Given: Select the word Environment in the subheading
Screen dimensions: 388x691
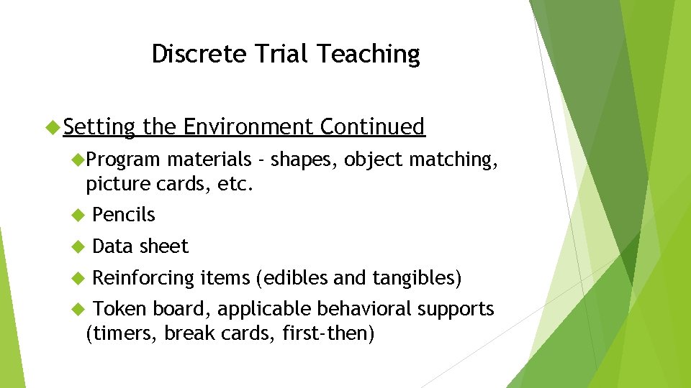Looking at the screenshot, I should [x=248, y=127].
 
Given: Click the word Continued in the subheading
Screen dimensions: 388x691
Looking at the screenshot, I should [x=372, y=127].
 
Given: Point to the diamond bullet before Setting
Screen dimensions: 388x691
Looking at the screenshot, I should [x=52, y=128].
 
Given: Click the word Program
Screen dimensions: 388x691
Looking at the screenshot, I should [x=124, y=160].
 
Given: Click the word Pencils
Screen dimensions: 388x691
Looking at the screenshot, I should [x=124, y=215].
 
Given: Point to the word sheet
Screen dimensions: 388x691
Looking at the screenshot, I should [x=163, y=246].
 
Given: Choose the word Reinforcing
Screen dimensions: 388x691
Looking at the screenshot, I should [x=144, y=277].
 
